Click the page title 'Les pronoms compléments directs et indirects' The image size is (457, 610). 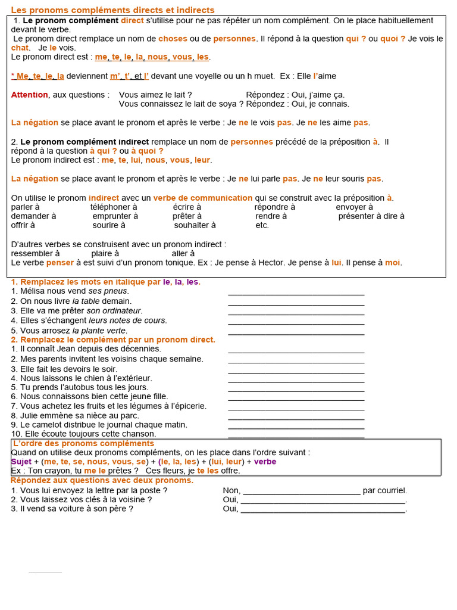coord(113,10)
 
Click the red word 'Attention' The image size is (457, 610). coord(29,95)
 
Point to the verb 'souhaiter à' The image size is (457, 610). coord(195,225)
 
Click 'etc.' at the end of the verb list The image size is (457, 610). coord(262,225)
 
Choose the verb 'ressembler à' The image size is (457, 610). coord(35,253)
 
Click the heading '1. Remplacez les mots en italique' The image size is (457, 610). coord(105,282)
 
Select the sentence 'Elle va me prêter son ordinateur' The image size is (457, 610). coord(77,310)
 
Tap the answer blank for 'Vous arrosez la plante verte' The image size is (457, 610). coord(296,332)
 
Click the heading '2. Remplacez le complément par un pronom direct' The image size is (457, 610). coord(113,340)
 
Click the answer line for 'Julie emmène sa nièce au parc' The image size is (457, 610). coord(296,417)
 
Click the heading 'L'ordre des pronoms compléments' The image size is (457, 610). coord(83,444)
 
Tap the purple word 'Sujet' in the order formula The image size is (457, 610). coord(21,462)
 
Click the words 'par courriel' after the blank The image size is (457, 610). coord(385,491)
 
